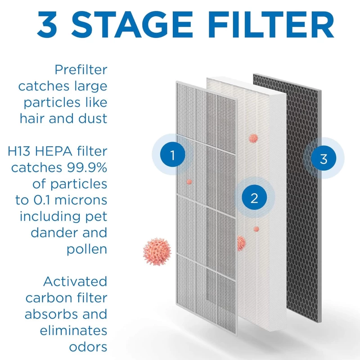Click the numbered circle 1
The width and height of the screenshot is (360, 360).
[173, 154]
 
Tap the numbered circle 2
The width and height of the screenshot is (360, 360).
[254, 198]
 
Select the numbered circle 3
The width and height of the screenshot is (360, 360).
[324, 158]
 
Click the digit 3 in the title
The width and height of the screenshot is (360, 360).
[47, 24]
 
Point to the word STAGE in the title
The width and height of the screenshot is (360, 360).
[132, 24]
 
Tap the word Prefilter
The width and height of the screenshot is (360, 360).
[81, 70]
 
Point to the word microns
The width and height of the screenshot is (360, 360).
[81, 200]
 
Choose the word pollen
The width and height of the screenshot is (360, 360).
[87, 250]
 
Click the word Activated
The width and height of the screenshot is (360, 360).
[75, 282]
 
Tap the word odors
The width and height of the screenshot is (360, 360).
[88, 347]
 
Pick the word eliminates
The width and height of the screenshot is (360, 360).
[73, 331]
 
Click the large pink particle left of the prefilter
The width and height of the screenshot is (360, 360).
[157, 252]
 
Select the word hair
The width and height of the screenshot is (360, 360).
[32, 119]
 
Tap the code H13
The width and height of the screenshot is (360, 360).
[19, 151]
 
